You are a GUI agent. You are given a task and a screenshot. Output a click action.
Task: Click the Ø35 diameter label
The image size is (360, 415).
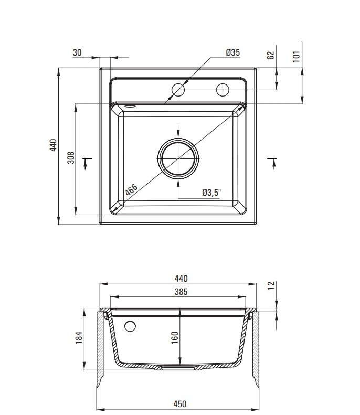(233, 52)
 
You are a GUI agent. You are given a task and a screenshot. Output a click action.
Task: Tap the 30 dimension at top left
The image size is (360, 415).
(77, 52)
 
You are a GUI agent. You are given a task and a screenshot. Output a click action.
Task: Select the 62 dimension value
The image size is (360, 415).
(271, 55)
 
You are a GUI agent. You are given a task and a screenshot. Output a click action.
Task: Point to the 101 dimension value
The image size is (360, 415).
(297, 56)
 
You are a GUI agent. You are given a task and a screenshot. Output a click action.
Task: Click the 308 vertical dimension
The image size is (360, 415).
(71, 158)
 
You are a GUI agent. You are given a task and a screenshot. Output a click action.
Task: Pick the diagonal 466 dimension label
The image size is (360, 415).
(131, 190)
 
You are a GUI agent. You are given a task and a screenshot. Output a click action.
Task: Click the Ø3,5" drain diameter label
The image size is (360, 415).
(211, 193)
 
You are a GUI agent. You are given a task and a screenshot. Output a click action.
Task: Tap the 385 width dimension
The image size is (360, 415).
(181, 292)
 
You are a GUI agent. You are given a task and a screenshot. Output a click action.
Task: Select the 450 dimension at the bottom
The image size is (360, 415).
(180, 404)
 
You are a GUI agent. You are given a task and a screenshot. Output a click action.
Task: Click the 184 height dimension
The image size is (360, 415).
(79, 338)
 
